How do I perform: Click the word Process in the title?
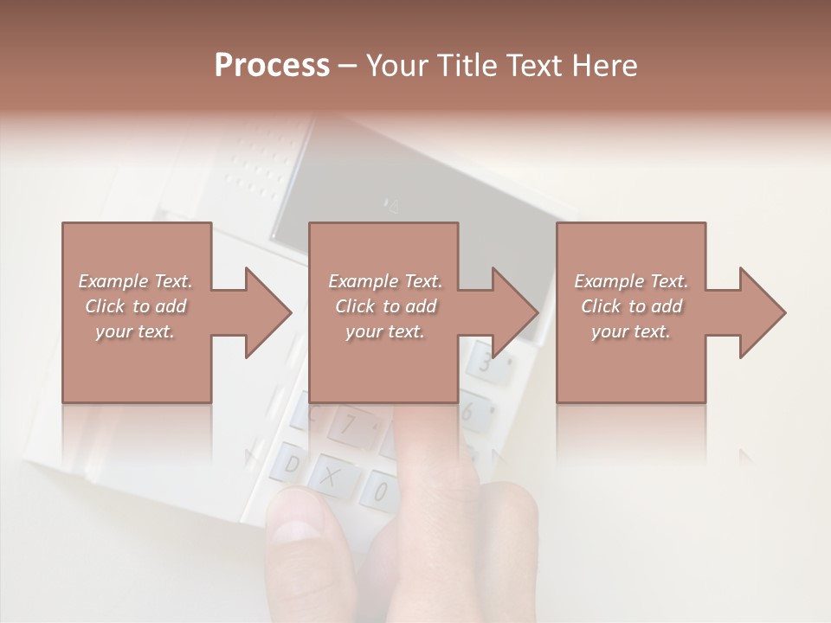pyautogui.click(x=272, y=66)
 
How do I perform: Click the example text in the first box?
pyautogui.click(x=135, y=305)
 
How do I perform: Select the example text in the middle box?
pyautogui.click(x=385, y=305)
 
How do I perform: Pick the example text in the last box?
pyautogui.click(x=631, y=305)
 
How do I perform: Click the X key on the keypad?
pyautogui.click(x=330, y=475)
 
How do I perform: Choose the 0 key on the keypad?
pyautogui.click(x=379, y=491)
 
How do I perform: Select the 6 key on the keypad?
pyautogui.click(x=468, y=412)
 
